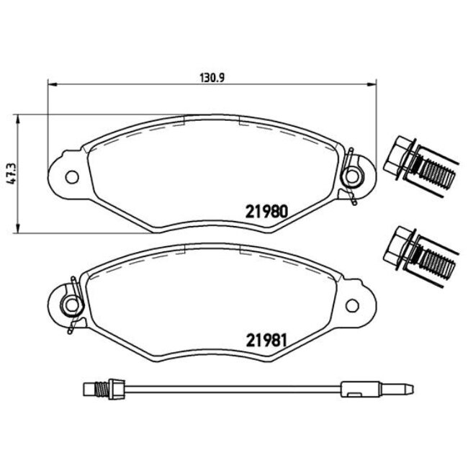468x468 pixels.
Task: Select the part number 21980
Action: [268, 212]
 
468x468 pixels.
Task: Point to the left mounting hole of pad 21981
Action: [70, 305]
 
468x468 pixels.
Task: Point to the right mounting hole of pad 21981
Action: [353, 305]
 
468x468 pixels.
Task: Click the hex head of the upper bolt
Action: [397, 158]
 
